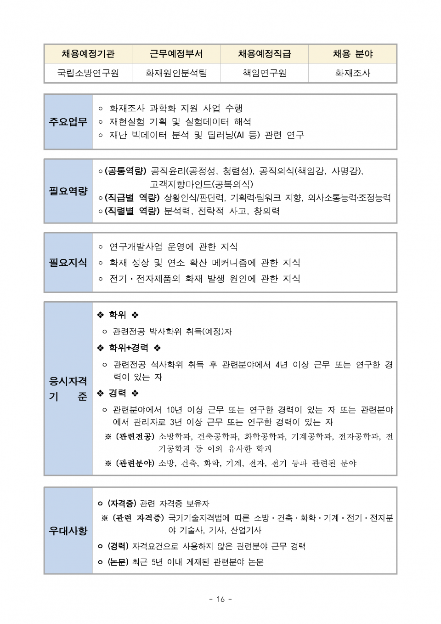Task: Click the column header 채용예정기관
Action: point(88,54)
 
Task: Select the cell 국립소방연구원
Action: point(88,73)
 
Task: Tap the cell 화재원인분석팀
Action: point(176,73)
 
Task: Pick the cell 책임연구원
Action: point(264,73)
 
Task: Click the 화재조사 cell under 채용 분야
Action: point(352,73)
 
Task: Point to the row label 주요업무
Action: point(68,122)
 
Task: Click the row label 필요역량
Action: point(68,191)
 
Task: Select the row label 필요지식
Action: point(68,263)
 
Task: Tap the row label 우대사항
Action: point(68,531)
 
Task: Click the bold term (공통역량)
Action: point(125,171)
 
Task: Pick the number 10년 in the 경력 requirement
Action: point(174,410)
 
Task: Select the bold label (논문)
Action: point(118,562)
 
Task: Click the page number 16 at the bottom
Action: point(220,599)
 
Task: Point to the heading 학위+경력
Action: point(129,348)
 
